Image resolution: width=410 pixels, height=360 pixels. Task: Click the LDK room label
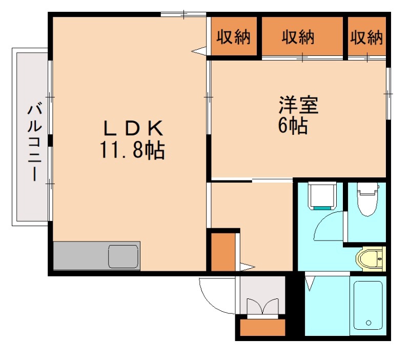click(x=133, y=128)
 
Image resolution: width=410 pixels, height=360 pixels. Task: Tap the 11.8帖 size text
click(x=133, y=150)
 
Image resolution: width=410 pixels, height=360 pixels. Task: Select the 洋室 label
click(x=298, y=105)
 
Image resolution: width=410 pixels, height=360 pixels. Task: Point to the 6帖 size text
click(x=293, y=126)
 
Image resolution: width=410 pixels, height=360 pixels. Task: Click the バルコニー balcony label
click(x=34, y=143)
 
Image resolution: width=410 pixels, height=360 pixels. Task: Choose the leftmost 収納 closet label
click(x=234, y=36)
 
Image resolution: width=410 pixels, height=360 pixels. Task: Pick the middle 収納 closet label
click(x=298, y=37)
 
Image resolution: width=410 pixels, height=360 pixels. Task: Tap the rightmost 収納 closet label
click(x=366, y=37)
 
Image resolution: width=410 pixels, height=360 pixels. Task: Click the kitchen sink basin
click(x=124, y=256)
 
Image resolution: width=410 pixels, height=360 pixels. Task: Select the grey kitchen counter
click(x=97, y=255)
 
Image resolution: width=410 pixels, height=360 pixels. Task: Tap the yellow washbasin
click(x=371, y=259)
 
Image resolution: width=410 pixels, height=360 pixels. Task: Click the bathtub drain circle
click(x=368, y=323)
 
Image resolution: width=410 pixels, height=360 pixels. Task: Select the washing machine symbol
click(x=322, y=196)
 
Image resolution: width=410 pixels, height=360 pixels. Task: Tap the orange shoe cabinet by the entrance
click(x=262, y=327)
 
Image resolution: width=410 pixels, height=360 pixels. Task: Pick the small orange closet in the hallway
click(x=223, y=252)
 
